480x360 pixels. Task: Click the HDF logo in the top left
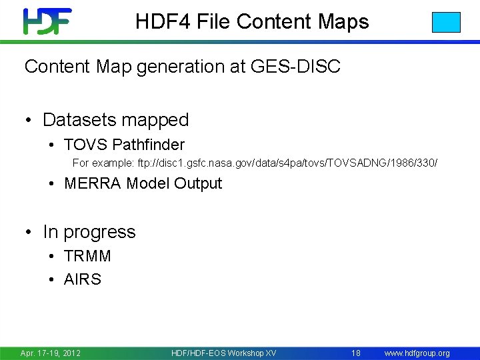tap(47, 21)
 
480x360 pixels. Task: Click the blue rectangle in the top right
tap(446, 22)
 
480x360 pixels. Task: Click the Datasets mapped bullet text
tap(115, 120)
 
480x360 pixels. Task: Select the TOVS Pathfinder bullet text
tap(124, 145)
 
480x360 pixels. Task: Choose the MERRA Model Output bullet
tap(143, 183)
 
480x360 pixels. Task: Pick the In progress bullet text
tap(89, 232)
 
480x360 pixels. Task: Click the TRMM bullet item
tap(87, 256)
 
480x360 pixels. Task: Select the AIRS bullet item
tap(83, 279)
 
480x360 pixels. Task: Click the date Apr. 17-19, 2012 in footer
tap(51, 353)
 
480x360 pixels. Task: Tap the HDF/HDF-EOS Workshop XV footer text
tap(223, 353)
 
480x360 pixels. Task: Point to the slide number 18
tap(356, 353)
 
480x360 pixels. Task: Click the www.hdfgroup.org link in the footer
tap(417, 353)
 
